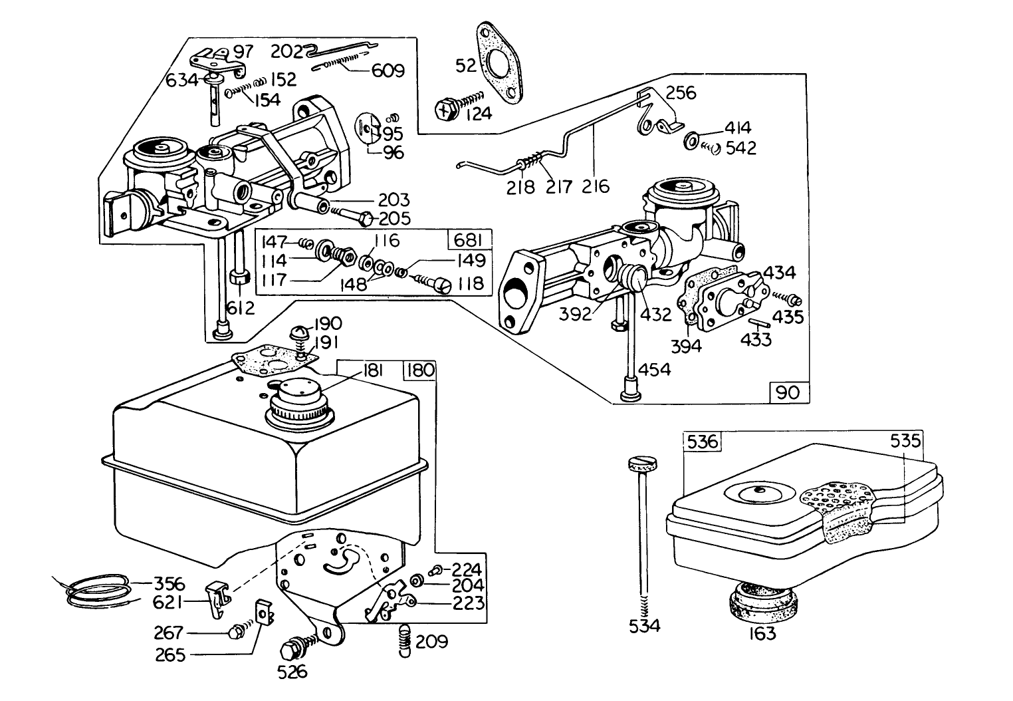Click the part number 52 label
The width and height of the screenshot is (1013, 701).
pos(466,66)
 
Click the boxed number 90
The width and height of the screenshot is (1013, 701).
pos(790,392)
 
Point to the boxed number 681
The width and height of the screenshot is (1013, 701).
pos(470,240)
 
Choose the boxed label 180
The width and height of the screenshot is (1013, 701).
pos(420,370)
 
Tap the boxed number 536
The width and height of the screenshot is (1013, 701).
pos(702,440)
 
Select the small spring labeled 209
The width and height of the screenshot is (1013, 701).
pos(403,642)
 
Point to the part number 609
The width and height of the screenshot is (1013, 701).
pos(387,70)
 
